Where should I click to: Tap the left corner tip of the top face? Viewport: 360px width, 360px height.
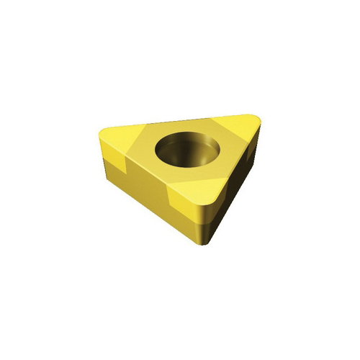coord(101,132)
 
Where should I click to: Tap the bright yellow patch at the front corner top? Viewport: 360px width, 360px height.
coord(199,189)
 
